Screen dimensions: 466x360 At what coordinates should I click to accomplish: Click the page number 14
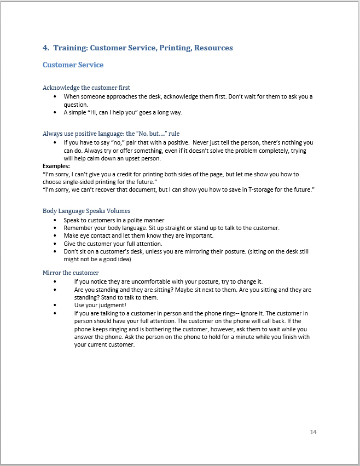(x=313, y=432)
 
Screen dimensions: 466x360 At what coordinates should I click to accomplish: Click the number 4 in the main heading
(x=45, y=48)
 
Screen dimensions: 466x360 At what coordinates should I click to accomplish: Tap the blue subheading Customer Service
(x=73, y=65)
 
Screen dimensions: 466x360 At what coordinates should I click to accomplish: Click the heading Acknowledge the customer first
(x=86, y=88)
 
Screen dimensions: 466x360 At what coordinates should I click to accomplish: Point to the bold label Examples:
(x=56, y=166)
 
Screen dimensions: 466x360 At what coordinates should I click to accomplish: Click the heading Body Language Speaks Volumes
(x=86, y=211)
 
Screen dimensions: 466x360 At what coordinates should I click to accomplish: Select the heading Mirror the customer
(x=71, y=273)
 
